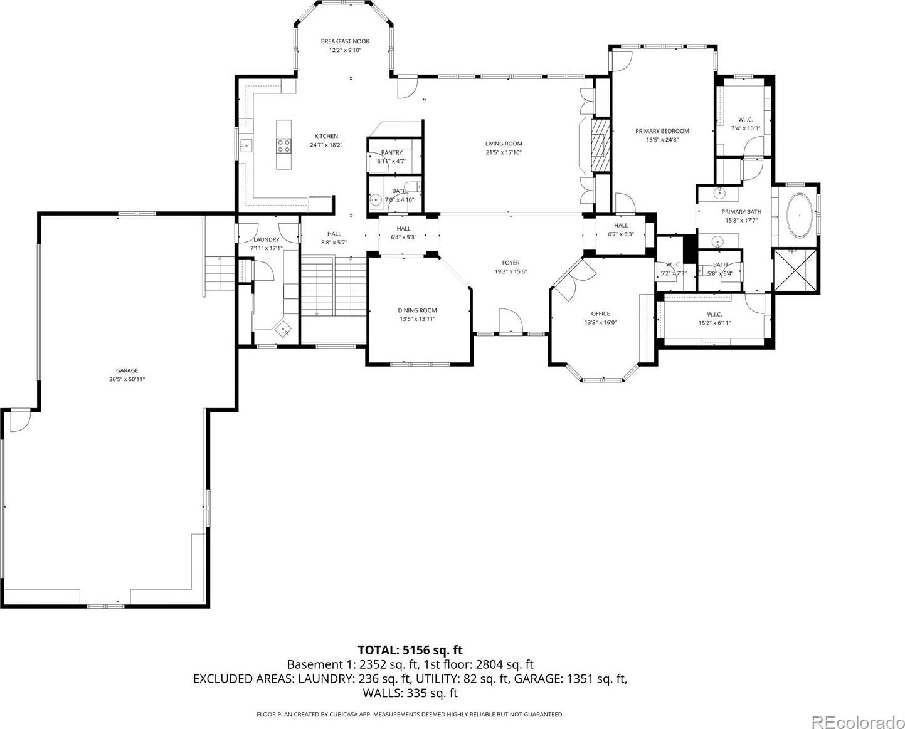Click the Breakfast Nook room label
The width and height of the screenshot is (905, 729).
345,41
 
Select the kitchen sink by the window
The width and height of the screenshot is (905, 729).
245,145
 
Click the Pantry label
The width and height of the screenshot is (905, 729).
391,152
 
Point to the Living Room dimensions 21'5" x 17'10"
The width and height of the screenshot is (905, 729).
504,152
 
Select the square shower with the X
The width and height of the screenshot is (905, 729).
795,270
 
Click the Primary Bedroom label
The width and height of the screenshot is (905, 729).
662,131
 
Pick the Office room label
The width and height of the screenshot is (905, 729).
600,313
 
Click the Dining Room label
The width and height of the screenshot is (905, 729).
417,310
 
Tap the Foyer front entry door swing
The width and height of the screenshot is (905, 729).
511,321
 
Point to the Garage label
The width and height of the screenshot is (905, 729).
127,370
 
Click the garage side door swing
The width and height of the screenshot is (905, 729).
20,421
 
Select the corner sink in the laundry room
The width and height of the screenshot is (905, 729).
283,328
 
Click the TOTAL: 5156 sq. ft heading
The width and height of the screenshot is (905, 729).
410,649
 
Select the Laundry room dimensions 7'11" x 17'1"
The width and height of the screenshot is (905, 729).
266,248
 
